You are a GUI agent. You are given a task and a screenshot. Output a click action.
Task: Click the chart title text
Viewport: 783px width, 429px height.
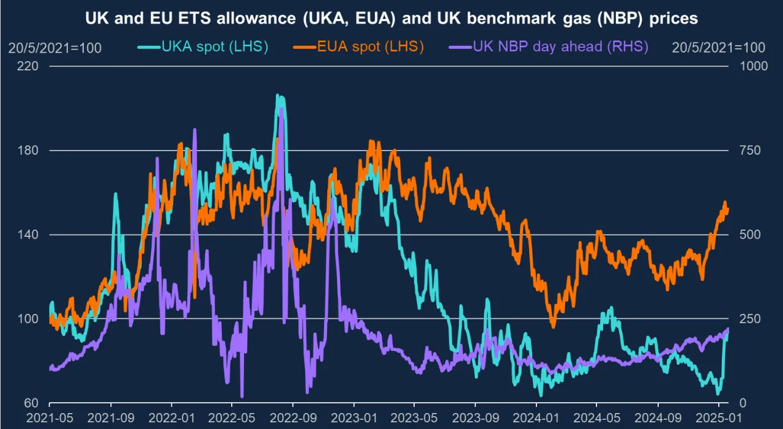pyautogui.click(x=391, y=18)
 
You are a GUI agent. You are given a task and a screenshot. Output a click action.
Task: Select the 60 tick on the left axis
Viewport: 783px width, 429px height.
pyautogui.click(x=32, y=403)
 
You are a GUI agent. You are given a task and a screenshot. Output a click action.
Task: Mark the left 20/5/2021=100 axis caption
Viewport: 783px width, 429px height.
pyautogui.click(x=54, y=48)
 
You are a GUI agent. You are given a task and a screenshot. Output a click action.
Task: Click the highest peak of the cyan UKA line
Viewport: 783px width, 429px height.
pyautogui.click(x=278, y=95)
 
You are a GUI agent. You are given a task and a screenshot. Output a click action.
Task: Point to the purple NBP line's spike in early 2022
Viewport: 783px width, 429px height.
pyautogui.click(x=195, y=130)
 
